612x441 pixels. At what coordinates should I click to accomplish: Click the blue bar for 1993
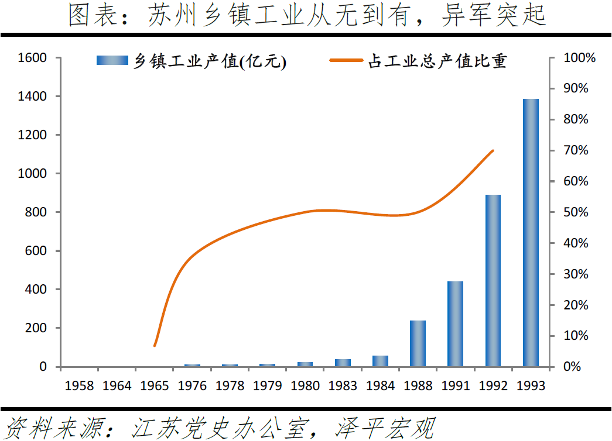click(x=531, y=233)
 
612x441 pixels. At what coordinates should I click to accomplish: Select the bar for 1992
click(x=493, y=281)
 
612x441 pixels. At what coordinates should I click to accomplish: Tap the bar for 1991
click(x=456, y=324)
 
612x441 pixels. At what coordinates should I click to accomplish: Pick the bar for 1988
click(x=418, y=343)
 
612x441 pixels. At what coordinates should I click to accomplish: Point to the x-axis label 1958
click(x=79, y=386)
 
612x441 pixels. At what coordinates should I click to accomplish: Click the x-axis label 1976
click(x=192, y=386)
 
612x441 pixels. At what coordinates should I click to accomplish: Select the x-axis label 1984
click(x=380, y=386)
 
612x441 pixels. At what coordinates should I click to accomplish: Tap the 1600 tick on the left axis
click(x=33, y=58)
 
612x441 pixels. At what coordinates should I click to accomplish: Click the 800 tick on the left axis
click(x=36, y=212)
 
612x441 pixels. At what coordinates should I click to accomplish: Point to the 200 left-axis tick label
click(x=36, y=328)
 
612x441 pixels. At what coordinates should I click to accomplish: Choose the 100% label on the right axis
click(x=579, y=58)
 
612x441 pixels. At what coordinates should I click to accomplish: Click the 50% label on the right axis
click(x=576, y=212)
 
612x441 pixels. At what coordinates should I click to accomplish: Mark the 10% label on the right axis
click(x=576, y=336)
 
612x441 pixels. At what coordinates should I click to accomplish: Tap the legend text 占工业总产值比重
click(x=437, y=61)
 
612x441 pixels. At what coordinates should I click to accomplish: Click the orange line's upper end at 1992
click(x=493, y=150)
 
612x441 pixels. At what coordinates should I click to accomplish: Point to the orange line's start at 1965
click(x=155, y=346)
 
